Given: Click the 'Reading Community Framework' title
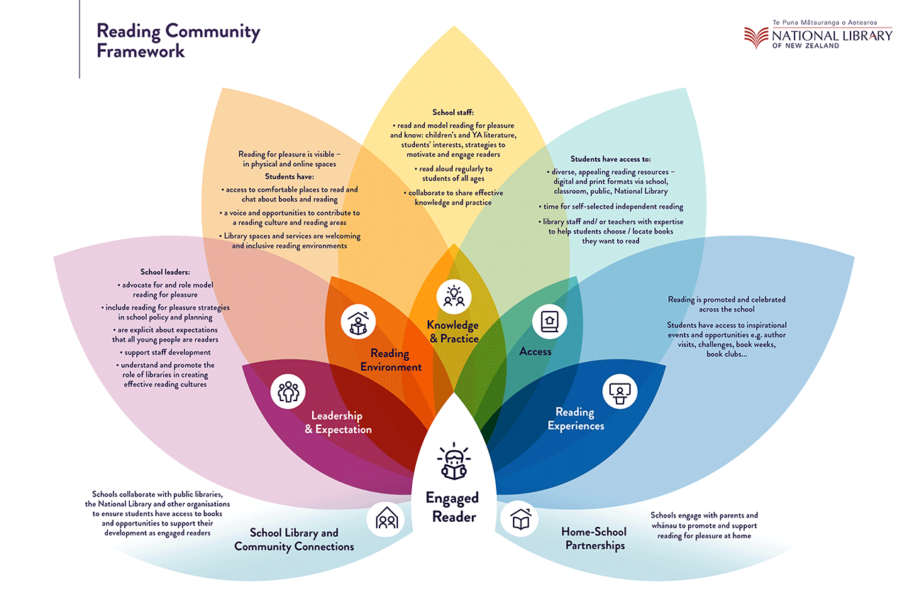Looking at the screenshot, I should point(178,41).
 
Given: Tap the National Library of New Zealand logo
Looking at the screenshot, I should point(818,35).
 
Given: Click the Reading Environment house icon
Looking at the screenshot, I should point(358,323).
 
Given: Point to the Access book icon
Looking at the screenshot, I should point(550,322).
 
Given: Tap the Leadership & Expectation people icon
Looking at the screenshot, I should point(288,391).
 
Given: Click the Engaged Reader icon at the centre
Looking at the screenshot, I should point(453,461).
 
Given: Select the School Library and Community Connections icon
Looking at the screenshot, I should point(385,519).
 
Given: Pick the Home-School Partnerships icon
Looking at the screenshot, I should point(519,519).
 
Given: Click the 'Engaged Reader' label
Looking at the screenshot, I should point(453,507).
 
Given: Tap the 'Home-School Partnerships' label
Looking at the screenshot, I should point(593,538).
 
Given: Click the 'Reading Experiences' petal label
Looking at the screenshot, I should point(580,419).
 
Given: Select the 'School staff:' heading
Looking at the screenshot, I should point(453,112).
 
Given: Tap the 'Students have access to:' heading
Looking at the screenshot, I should point(611,159).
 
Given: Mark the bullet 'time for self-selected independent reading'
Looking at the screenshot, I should point(611,207).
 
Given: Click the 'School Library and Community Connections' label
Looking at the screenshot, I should point(294,540).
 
